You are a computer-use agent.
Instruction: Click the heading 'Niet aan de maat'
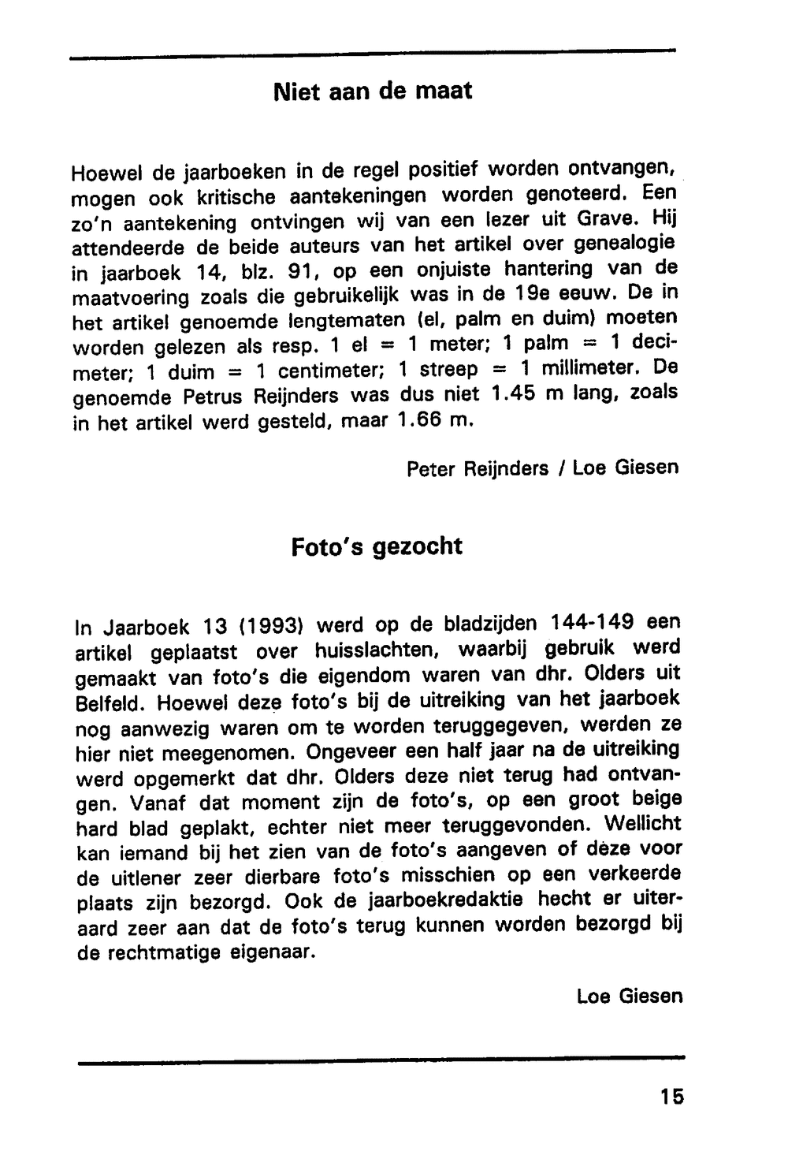tap(373, 91)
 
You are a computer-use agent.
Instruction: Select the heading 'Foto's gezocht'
tap(377, 546)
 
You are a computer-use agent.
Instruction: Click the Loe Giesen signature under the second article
tap(630, 996)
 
